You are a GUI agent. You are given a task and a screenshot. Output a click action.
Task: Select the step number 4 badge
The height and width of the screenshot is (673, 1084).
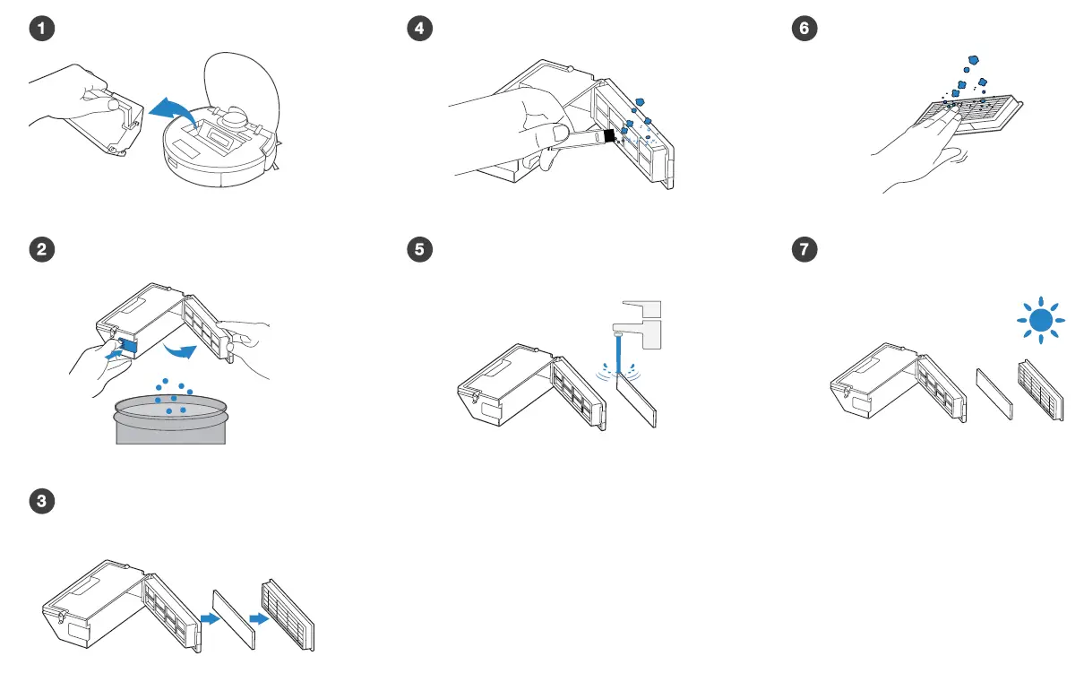click(417, 29)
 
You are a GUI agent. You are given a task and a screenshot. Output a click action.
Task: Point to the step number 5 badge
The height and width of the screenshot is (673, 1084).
click(417, 251)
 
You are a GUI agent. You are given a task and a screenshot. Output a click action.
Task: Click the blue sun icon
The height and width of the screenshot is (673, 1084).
click(1038, 317)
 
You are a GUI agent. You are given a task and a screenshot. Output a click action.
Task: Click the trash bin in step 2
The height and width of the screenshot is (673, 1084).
click(170, 421)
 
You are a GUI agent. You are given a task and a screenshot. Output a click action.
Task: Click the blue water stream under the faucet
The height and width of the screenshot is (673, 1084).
click(616, 349)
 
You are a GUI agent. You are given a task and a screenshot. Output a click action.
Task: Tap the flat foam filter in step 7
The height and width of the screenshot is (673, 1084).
click(994, 393)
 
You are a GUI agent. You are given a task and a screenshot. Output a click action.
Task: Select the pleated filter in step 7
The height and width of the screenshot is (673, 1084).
click(1040, 391)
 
